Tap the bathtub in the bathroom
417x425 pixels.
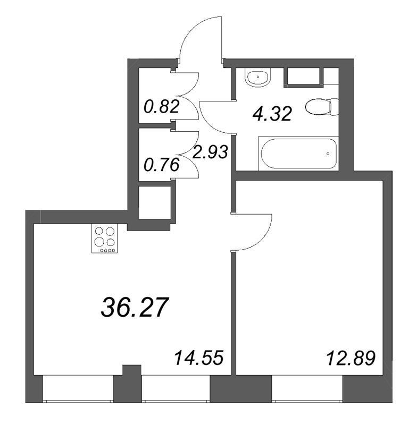[x=298, y=154]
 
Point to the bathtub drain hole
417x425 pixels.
[x=328, y=154]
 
